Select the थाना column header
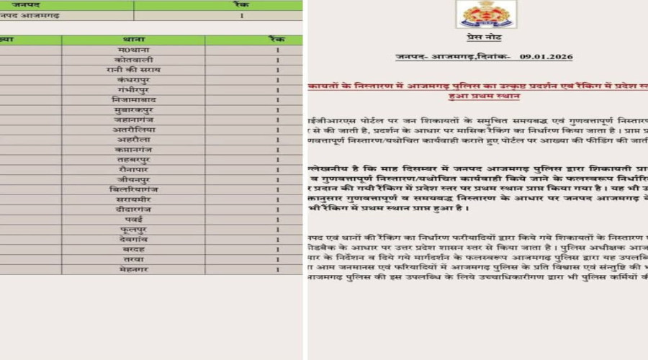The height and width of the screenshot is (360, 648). click(x=133, y=40)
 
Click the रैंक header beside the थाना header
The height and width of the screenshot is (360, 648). click(x=277, y=40)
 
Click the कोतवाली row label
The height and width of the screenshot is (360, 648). click(x=133, y=60)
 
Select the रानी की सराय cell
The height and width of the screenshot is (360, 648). click(x=133, y=70)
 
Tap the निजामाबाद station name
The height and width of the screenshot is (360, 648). click(x=133, y=99)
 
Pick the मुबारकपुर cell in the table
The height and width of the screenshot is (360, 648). click(x=133, y=109)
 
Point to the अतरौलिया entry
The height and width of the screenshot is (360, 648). click(x=133, y=130)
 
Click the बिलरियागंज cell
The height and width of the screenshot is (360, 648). click(x=133, y=189)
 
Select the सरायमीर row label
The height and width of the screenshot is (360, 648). click(x=133, y=199)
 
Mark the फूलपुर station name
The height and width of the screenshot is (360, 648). click(x=133, y=229)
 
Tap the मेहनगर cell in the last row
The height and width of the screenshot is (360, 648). click(x=133, y=269)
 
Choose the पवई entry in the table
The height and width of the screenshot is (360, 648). click(x=133, y=219)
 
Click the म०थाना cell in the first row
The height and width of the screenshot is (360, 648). click(x=133, y=50)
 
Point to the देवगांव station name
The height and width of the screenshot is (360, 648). click(x=133, y=239)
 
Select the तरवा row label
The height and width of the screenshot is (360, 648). click(x=133, y=259)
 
